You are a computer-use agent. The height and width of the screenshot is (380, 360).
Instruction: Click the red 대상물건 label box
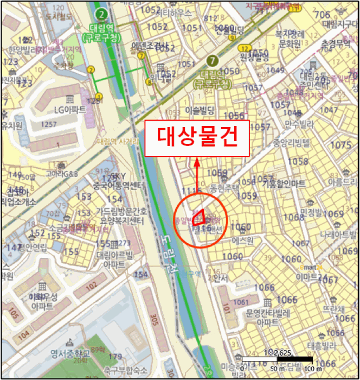tap(197, 138)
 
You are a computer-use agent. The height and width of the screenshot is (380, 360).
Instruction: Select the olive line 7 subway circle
tap(213, 60)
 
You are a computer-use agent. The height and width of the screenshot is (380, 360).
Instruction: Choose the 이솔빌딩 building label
tap(200, 110)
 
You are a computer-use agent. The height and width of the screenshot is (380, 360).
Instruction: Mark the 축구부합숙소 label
tap(126, 370)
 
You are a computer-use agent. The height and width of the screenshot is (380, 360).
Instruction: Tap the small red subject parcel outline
tap(200, 217)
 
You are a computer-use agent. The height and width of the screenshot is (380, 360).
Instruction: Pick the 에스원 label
tap(239, 239)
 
